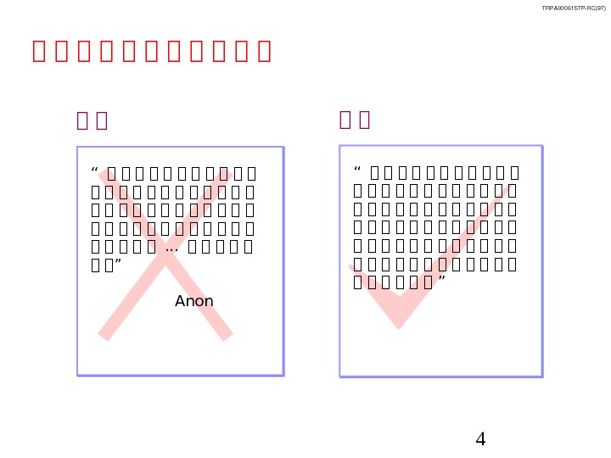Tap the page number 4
point(480,439)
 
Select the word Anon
point(194,301)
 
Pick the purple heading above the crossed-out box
point(92,120)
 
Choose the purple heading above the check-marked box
point(355,120)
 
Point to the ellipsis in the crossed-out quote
point(171,249)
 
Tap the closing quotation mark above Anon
point(120,265)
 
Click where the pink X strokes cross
point(166,254)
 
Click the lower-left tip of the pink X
point(104,336)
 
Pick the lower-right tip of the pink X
point(227,336)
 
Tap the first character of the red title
point(39,51)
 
